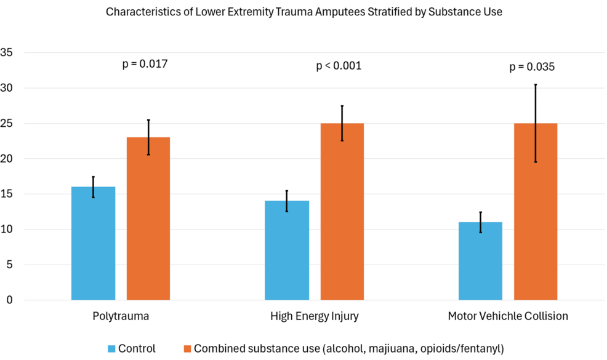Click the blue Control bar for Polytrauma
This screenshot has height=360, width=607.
click(93, 243)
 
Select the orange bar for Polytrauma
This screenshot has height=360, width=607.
click(148, 218)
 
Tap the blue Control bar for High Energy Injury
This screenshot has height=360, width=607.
click(287, 250)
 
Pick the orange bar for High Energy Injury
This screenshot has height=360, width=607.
click(342, 212)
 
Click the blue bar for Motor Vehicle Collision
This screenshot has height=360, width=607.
click(480, 261)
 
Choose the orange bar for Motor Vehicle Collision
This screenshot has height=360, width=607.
click(535, 212)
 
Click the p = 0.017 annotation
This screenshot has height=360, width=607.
click(146, 63)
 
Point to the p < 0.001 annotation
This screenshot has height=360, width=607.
click(339, 66)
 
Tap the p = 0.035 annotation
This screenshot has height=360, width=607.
click(532, 67)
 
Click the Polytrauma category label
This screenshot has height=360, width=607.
click(120, 316)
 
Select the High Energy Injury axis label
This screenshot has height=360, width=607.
click(314, 316)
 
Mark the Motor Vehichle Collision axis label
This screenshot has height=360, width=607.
click(508, 316)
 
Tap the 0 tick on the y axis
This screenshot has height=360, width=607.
click(9, 300)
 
